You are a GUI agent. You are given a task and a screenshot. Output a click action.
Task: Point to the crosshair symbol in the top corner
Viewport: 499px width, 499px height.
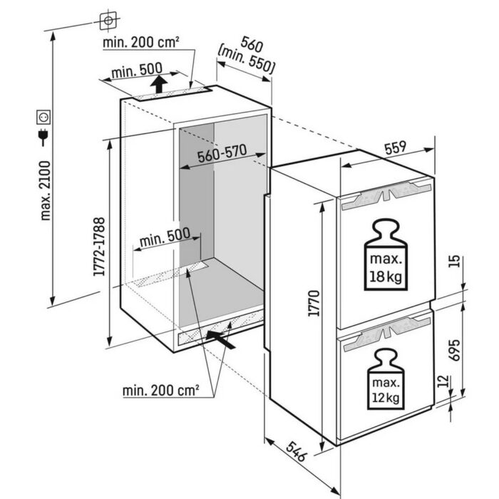pos(108,21)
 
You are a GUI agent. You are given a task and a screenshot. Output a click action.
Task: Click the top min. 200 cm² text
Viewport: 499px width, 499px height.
pos(140,43)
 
